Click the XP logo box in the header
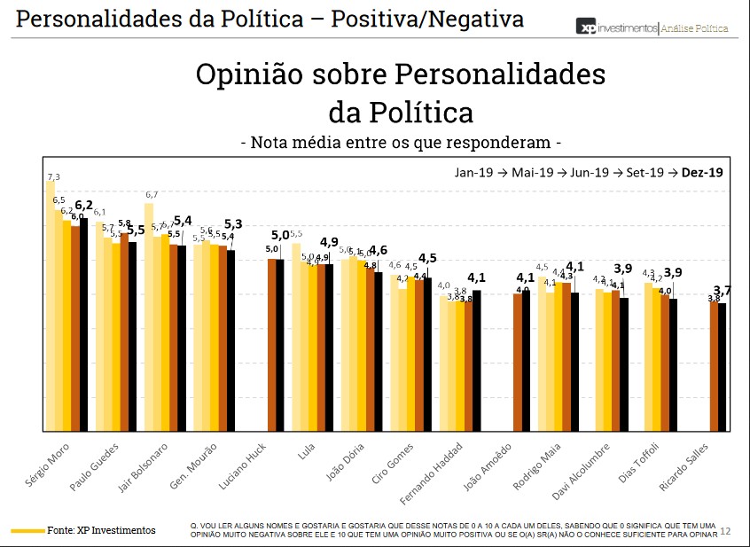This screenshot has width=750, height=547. coord(585,27)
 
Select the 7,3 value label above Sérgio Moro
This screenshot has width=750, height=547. coord(54,177)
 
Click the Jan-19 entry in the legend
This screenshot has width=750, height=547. coord(470,172)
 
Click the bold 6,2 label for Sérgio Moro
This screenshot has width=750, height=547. coord(84,205)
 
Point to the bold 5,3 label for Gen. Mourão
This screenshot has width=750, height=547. coord(234,224)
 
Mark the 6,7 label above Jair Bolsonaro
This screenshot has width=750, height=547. coord(152,195)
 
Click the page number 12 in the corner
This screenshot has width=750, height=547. coord(725,531)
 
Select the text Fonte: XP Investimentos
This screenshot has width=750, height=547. coord(101,530)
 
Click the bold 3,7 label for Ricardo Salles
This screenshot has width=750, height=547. coord(723,290)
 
